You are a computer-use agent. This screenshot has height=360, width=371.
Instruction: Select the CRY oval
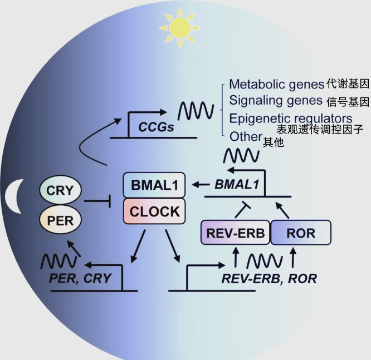pos(60,191)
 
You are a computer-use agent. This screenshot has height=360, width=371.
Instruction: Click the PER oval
pos(60,220)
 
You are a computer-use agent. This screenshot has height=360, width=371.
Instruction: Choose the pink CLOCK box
pos(154,211)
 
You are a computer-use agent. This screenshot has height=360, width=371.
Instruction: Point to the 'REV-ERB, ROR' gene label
pos(269,279)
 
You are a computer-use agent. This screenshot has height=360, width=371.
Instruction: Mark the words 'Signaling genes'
pos(276,101)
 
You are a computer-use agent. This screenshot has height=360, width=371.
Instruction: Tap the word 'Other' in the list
pos(246,136)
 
